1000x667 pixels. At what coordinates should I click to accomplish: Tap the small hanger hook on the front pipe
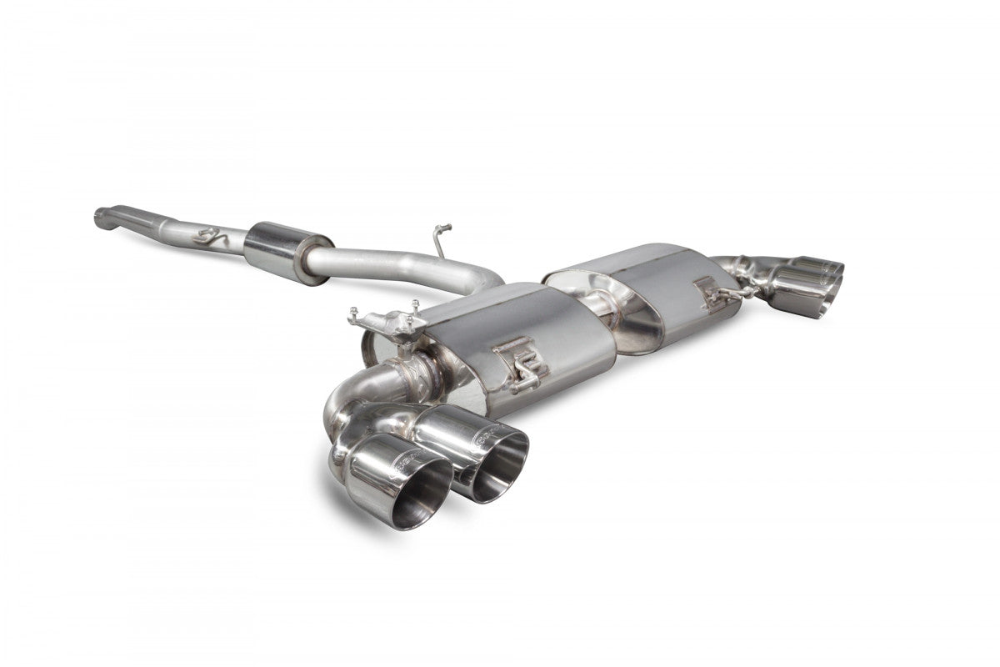(204, 237)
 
